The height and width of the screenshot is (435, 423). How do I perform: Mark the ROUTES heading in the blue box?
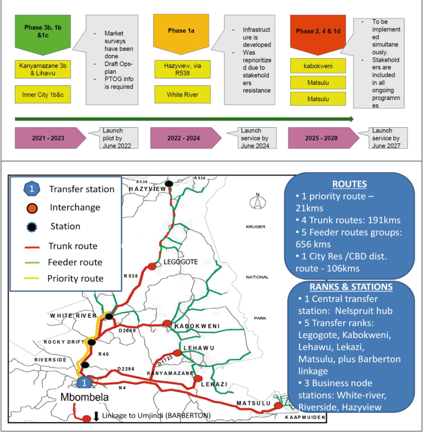click(x=350, y=184)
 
